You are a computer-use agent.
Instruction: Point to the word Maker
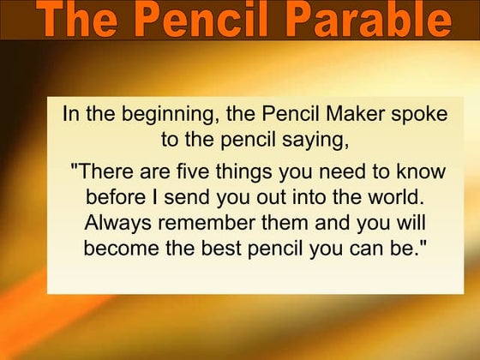pyautogui.click(x=343, y=114)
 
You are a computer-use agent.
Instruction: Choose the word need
pyautogui.click(x=337, y=171)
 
